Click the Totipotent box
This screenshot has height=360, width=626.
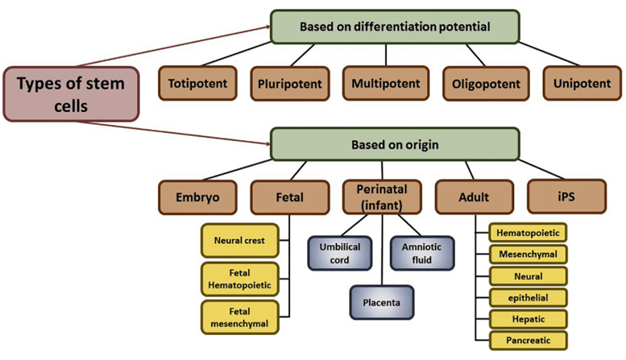coord(197,83)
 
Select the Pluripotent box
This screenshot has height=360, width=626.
coord(290,84)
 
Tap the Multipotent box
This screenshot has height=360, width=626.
coord(386,83)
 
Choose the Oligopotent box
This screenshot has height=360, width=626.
coord(486,84)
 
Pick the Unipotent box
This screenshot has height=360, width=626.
coord(582,83)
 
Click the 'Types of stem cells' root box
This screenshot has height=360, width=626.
coord(71,94)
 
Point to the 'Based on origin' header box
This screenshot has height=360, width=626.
coord(395,144)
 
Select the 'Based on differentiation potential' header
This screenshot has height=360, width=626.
coord(395,27)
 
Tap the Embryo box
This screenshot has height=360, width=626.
coord(197,197)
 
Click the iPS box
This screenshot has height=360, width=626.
coord(566,197)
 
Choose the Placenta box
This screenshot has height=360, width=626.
coord(382,303)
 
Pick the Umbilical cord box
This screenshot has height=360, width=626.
coord(340,253)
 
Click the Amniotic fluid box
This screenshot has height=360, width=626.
coord(422,253)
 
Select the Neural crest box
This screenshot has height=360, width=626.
coord(239,240)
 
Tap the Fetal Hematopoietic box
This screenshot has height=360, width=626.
coord(239,279)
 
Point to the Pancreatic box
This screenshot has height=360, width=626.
coord(529,341)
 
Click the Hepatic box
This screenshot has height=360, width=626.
coord(529,319)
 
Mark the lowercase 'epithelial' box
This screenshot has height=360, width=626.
coord(529,297)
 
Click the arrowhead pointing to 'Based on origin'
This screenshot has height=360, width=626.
coord(267,143)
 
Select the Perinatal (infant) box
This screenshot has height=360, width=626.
coord(382,197)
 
